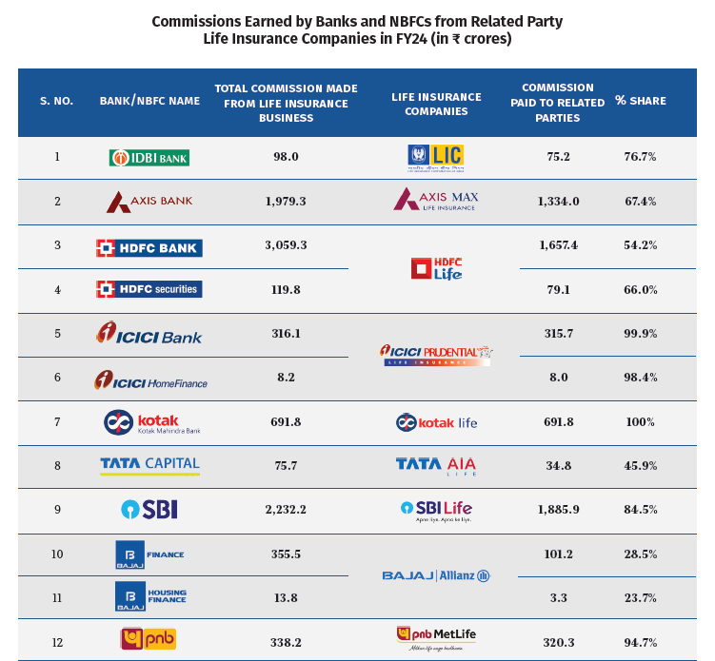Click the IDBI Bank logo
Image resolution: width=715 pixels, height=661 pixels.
(x=149, y=157)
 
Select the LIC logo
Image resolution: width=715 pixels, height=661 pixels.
(x=435, y=157)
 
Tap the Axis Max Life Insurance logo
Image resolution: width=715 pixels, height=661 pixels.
(x=435, y=201)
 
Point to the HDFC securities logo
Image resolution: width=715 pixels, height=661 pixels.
(x=149, y=289)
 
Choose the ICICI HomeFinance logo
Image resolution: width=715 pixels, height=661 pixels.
(x=149, y=379)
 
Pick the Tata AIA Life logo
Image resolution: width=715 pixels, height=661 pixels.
(x=435, y=466)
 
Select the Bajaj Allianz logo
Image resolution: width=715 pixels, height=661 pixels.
(x=435, y=576)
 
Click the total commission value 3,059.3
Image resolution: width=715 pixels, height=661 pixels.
(x=286, y=245)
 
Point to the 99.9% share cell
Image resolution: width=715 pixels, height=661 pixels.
(x=640, y=334)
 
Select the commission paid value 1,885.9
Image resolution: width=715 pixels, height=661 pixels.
(x=558, y=510)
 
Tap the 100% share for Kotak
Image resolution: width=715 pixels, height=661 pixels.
(x=640, y=422)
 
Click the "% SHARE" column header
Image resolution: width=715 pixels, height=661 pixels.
(x=640, y=101)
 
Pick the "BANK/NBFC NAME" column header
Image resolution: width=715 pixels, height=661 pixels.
(x=149, y=101)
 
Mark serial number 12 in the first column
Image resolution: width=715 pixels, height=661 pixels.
(x=57, y=643)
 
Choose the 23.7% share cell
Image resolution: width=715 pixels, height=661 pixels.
(x=640, y=598)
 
